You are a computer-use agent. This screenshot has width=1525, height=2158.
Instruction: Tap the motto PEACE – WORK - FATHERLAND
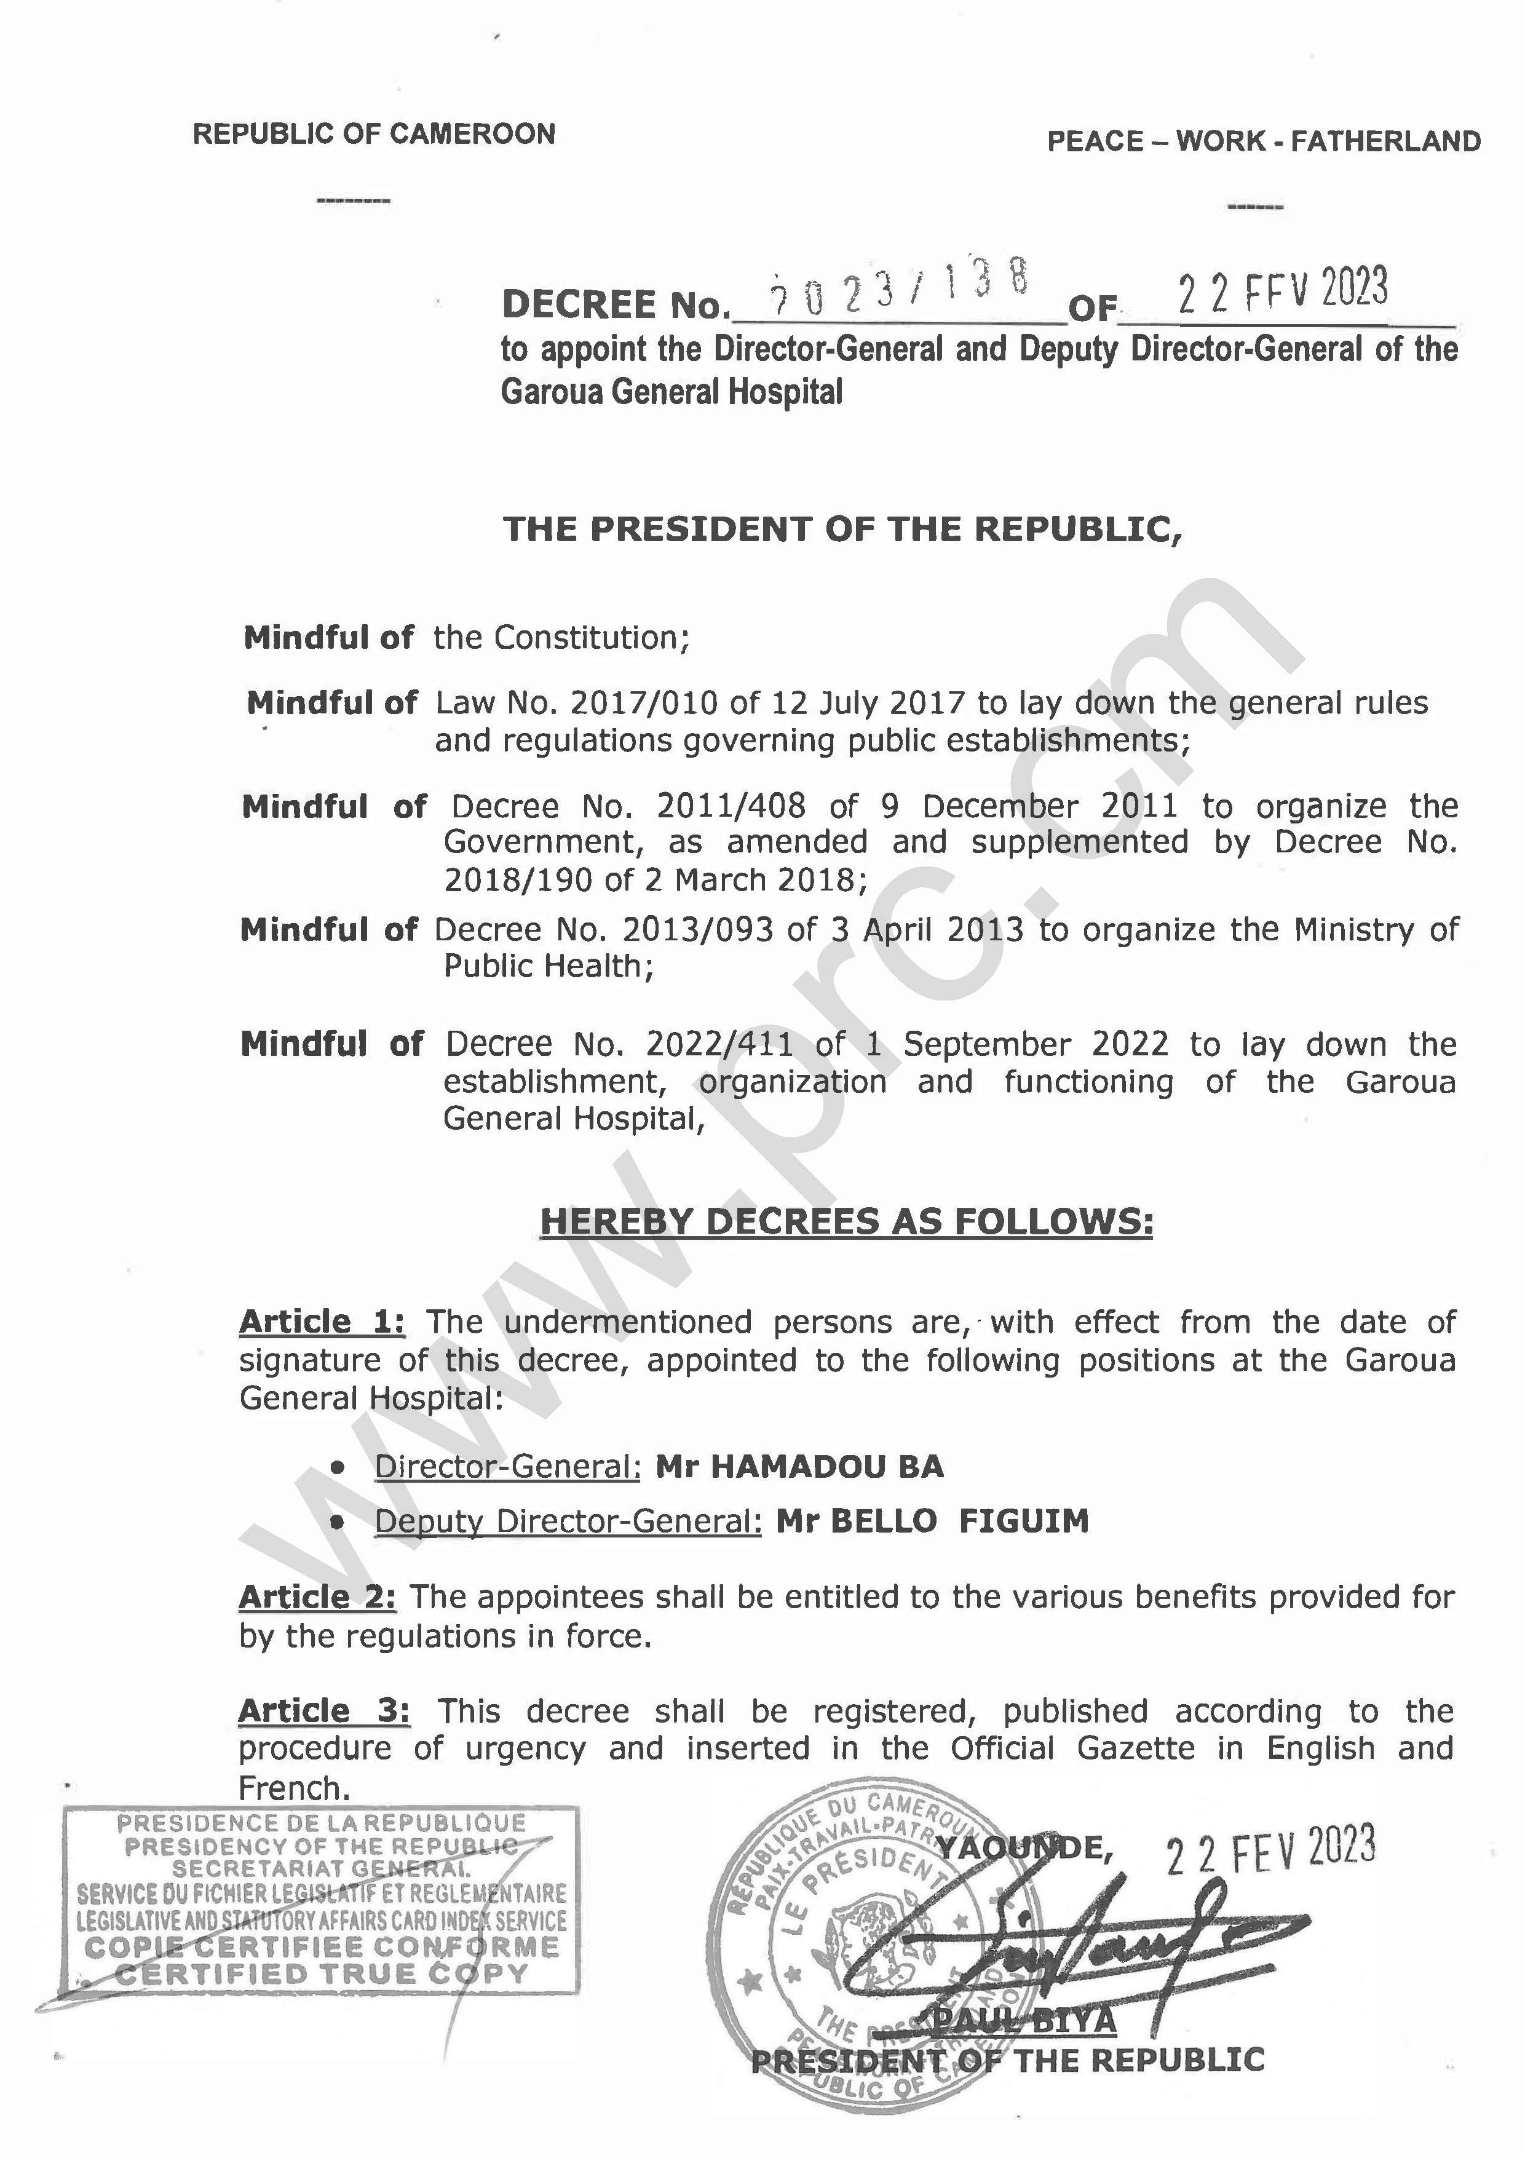coord(1264,142)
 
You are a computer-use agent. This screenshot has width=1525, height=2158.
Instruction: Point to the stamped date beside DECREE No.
coord(1283,290)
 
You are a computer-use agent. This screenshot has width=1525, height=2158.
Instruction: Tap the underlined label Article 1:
coord(322,1322)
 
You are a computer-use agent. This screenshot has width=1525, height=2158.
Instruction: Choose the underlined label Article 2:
coord(317,1597)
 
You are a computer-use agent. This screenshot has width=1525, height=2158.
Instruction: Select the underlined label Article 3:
coord(323,1711)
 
